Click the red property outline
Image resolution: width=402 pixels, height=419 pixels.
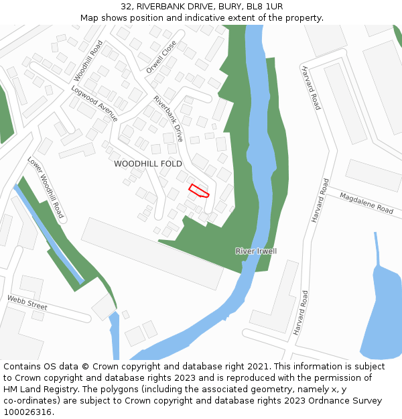(198, 190)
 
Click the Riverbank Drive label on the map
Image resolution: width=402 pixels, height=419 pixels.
(168, 119)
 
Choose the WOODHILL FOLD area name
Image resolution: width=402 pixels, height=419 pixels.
(148, 164)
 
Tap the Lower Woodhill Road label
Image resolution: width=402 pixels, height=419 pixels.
(46, 188)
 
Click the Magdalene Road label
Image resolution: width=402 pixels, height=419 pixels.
(366, 202)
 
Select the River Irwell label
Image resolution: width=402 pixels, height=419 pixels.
(256, 251)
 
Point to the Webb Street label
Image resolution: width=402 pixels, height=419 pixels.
(27, 302)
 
